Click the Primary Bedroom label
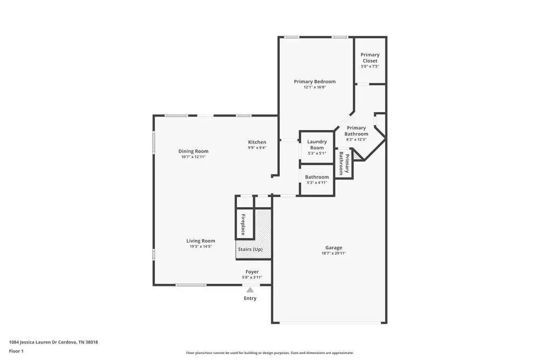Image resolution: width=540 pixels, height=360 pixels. click(314, 81)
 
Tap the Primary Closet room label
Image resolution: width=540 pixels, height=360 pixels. click(370, 58)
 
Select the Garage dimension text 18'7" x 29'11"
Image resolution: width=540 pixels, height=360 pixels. click(333, 253)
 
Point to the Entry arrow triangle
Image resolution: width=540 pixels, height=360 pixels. click(250, 290)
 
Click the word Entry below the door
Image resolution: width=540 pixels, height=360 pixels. click(250, 298)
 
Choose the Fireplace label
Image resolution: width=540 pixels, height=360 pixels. click(243, 225)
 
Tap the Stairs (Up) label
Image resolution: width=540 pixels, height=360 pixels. click(250, 249)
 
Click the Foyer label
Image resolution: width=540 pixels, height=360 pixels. click(252, 271)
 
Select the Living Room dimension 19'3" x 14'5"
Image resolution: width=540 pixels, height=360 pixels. click(200, 247)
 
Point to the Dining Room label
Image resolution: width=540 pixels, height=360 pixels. click(193, 151)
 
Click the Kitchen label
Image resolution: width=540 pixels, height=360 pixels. click(257, 142)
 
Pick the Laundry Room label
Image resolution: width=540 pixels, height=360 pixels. click(317, 145)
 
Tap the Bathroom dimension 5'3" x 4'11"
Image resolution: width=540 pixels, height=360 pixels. click(316, 182)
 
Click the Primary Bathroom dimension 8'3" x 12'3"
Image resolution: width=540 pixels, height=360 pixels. click(356, 140)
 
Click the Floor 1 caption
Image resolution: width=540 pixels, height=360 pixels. click(17, 351)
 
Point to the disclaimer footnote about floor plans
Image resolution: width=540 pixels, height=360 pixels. click(269, 352)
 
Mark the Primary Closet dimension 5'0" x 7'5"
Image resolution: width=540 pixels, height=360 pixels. click(370, 66)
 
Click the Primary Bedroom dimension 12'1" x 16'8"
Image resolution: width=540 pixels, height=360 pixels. click(314, 87)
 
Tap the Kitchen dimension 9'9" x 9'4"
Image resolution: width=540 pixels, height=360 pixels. click(257, 148)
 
